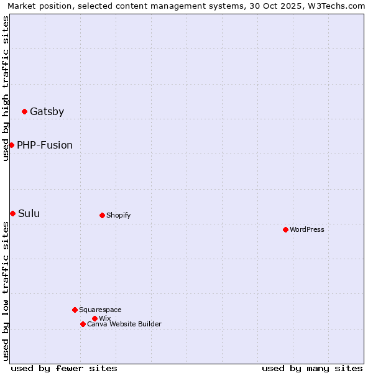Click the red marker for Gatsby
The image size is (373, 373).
[24, 112]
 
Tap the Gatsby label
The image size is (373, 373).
[47, 112]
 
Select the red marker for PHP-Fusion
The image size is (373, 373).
[11, 145]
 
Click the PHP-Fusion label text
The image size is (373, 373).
[45, 145]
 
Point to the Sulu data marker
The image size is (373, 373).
[12, 213]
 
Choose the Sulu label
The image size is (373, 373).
[29, 214]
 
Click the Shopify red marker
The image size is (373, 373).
[102, 215]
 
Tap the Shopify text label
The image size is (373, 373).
[118, 216]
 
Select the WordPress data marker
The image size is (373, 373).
[285, 229]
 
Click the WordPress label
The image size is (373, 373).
[307, 230]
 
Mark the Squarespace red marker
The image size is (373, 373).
[75, 310]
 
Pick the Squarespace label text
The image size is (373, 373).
[100, 310]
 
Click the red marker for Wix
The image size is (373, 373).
[94, 318]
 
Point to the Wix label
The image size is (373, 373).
[104, 319]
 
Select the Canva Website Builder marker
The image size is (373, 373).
[83, 324]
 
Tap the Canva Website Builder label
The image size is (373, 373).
[124, 325]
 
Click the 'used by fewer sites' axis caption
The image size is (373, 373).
[64, 368]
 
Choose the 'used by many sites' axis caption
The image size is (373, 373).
[312, 368]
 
